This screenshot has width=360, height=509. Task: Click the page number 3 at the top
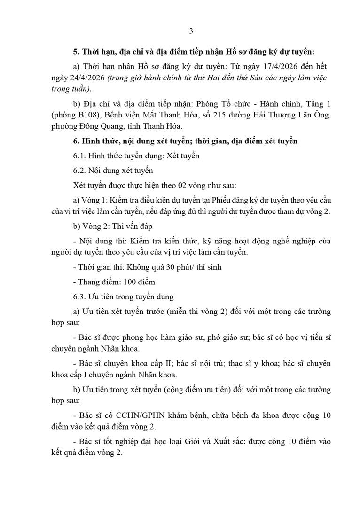190,31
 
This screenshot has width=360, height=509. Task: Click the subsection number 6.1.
79,156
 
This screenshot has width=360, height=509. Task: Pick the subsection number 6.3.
79,297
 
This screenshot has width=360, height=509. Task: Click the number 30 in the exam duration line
162,268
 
